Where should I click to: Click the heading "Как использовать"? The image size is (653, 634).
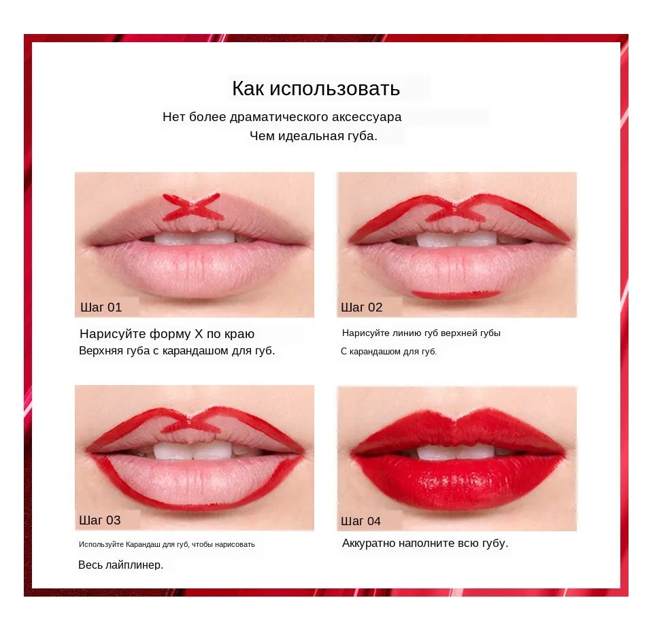(x=316, y=88)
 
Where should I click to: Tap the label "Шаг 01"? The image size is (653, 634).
(x=101, y=307)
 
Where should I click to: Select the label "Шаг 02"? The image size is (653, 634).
(x=361, y=307)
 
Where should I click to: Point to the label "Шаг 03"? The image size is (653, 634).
(x=100, y=520)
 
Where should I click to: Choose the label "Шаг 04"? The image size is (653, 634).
(x=361, y=521)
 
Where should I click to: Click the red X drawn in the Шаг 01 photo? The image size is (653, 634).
(x=192, y=207)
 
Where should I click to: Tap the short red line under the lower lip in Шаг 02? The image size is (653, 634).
(x=456, y=295)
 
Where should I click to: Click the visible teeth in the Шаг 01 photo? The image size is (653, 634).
(x=195, y=238)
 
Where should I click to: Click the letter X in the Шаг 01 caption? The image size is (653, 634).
(x=199, y=333)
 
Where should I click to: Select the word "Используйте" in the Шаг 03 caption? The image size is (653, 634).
(x=101, y=544)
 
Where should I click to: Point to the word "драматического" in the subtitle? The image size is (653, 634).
(x=274, y=117)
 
